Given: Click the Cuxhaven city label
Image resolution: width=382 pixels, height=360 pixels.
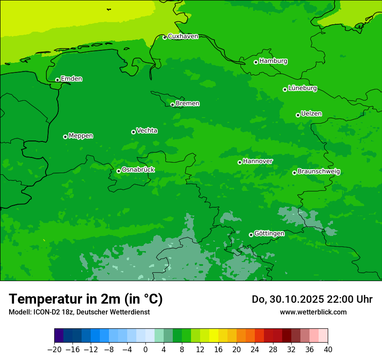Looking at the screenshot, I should [x=183, y=36].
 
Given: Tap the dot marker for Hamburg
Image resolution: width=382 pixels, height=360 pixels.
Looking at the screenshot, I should [x=256, y=62].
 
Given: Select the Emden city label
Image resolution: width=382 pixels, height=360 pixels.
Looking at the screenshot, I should [x=71, y=79].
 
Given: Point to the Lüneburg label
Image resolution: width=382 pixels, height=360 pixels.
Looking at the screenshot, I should [x=302, y=88].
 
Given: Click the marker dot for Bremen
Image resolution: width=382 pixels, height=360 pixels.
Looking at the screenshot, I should [x=172, y=105].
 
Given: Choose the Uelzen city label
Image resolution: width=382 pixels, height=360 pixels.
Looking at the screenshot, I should [x=311, y=114].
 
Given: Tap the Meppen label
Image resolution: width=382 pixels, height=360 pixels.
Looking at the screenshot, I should [x=81, y=136].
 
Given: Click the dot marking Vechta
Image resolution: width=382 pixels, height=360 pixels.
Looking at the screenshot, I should [x=133, y=132].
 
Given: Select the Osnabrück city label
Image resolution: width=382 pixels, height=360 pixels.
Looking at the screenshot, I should [x=138, y=170].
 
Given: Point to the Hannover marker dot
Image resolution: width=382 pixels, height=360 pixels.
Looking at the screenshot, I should [x=240, y=162].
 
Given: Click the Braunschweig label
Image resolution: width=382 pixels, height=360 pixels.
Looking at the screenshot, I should [x=319, y=172].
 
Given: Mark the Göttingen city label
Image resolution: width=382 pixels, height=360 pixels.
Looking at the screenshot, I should [x=269, y=234].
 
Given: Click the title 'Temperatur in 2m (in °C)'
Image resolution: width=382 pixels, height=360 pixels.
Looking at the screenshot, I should [x=86, y=299].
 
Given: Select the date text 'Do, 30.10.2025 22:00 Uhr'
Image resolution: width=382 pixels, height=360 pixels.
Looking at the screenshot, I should [x=312, y=299].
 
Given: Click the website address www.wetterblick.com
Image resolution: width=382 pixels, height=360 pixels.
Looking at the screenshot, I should [x=313, y=312].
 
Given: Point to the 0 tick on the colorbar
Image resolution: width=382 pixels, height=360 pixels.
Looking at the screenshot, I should [x=145, y=350].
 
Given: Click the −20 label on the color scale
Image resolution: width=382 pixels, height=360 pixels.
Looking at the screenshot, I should [x=54, y=350].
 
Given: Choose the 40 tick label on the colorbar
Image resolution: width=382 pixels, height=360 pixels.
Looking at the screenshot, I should [x=328, y=350].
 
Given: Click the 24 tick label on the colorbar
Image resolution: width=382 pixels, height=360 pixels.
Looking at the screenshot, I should [x=255, y=350].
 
